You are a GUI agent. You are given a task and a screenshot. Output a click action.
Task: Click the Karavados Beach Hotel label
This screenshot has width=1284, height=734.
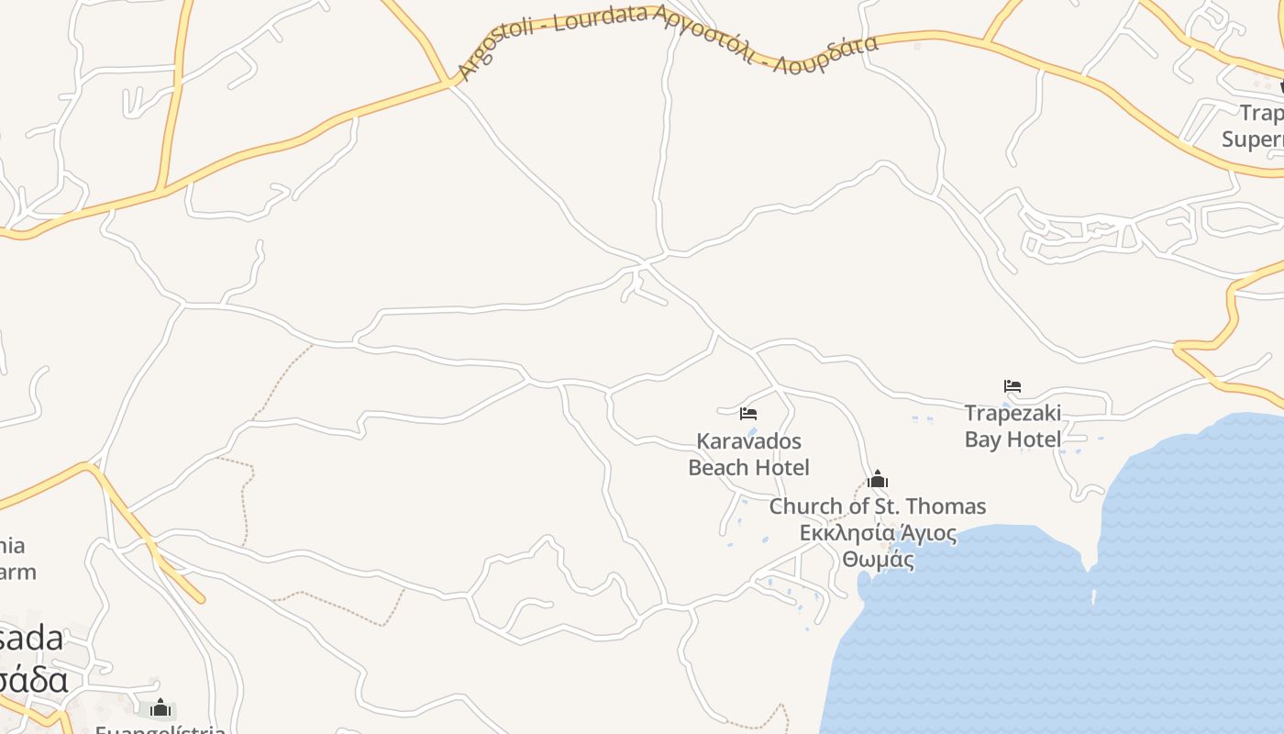pyautogui.click(x=748, y=454)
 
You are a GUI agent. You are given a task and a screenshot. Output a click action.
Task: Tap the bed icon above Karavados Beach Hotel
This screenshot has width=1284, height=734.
pyautogui.click(x=748, y=414)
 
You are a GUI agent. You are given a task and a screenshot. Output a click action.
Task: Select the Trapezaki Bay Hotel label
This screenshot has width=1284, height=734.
pyautogui.click(x=1013, y=426)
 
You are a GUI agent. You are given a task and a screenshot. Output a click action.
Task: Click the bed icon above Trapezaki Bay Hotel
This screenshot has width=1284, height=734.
pyautogui.click(x=1013, y=386)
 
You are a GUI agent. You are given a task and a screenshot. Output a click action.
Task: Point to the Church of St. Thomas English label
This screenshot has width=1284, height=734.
pyautogui.click(x=878, y=506)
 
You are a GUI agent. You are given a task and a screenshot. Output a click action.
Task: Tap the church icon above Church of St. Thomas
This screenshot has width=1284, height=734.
pyautogui.click(x=878, y=479)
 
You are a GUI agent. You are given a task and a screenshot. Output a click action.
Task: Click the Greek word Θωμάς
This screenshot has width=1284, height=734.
pyautogui.click(x=878, y=559)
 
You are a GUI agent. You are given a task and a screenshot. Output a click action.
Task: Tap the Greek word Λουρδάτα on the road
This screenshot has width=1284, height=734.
pyautogui.click(x=825, y=55)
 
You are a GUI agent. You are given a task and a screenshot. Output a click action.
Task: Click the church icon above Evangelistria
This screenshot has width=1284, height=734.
pyautogui.click(x=160, y=707)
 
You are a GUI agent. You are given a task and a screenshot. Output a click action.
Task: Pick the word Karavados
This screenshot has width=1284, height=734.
pyautogui.click(x=748, y=440)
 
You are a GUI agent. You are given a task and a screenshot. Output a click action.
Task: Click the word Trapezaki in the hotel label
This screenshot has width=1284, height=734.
pyautogui.click(x=1013, y=413)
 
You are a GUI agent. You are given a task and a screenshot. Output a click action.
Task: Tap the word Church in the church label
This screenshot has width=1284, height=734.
pyautogui.click(x=803, y=506)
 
